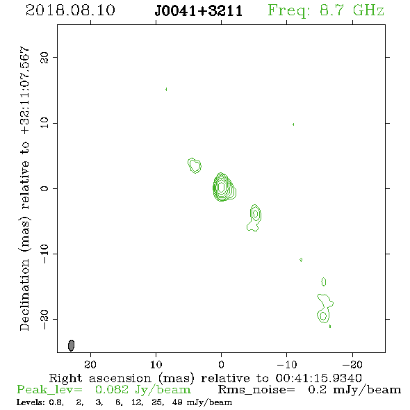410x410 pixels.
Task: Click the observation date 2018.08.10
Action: [70, 10]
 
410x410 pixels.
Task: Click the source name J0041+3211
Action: [199, 11]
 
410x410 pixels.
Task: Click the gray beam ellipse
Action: [71, 345]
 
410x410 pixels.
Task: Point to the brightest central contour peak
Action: [221, 187]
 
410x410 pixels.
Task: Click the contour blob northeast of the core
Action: [195, 165]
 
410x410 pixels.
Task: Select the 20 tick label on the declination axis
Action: [44, 57]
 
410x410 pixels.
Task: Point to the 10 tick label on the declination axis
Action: [44, 122]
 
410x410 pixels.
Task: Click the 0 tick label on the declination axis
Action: [44, 188]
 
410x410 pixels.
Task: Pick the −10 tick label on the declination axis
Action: [44, 254]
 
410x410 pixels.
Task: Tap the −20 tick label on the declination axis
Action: [44, 319]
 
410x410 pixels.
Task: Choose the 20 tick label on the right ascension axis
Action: [90, 364]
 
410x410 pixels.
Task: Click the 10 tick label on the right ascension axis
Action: [156, 364]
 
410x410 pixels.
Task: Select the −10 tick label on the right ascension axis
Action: [286, 364]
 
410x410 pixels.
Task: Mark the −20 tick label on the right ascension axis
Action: [352, 364]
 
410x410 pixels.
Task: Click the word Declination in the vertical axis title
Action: [24, 295]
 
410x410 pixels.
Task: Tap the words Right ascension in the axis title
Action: [100, 378]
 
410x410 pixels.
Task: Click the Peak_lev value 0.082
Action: [112, 390]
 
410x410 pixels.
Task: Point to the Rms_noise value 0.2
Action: [317, 390]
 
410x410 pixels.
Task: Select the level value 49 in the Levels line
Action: [177, 402]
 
